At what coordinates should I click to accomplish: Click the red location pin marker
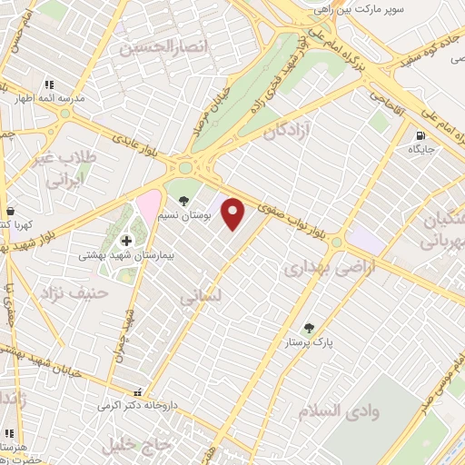tap(234, 214)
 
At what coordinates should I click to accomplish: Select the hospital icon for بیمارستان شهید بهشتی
tap(126, 241)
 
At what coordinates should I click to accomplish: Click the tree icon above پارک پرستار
tap(310, 328)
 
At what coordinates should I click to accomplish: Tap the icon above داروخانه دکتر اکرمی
tap(137, 392)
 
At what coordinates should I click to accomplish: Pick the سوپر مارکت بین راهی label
tap(357, 9)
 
